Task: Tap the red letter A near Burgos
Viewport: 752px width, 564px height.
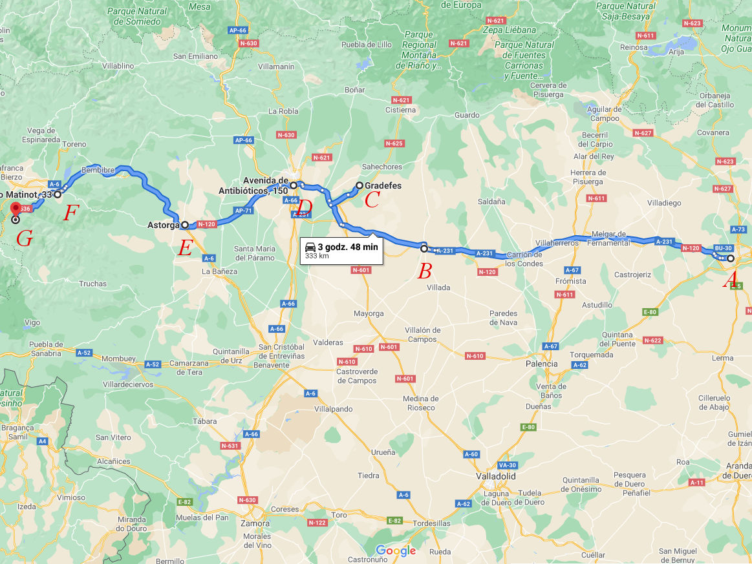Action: (732, 279)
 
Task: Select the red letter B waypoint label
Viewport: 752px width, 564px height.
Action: (424, 271)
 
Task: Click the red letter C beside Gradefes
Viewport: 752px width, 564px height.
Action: (371, 200)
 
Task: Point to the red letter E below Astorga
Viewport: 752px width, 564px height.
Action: (185, 247)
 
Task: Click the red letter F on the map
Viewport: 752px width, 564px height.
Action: (71, 213)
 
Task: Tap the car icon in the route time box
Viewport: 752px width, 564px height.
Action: (310, 247)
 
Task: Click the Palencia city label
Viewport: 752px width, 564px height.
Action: (541, 364)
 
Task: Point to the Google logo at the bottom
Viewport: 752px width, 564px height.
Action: (396, 551)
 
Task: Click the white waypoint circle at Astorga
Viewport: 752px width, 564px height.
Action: (185, 225)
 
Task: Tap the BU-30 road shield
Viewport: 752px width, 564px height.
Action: (723, 247)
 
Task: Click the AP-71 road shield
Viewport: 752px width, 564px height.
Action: (243, 211)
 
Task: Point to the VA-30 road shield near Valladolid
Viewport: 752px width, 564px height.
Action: (506, 465)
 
